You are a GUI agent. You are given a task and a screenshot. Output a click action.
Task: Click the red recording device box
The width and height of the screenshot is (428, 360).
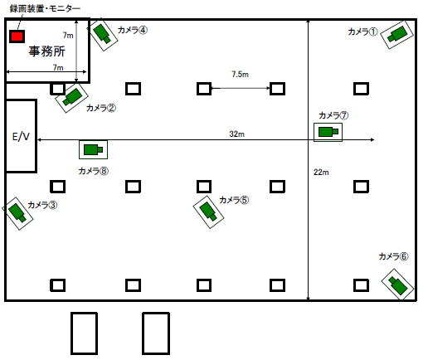pyautogui.click(x=17, y=36)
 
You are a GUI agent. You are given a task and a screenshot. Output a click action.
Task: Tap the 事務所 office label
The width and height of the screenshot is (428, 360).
pyautogui.click(x=47, y=51)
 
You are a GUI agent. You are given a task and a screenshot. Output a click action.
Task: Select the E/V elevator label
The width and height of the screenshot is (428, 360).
pyautogui.click(x=21, y=136)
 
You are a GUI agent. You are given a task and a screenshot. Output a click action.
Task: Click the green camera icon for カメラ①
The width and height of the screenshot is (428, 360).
pyautogui.click(x=397, y=34)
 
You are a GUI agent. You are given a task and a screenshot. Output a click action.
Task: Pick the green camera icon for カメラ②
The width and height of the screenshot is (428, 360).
pyautogui.click(x=72, y=97)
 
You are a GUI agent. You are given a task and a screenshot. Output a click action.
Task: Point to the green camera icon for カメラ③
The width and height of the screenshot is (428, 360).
pyautogui.click(x=17, y=212)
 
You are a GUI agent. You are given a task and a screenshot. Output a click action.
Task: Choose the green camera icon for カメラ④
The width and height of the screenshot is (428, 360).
pyautogui.click(x=103, y=34)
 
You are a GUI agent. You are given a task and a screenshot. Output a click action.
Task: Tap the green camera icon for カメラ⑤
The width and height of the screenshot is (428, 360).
pyautogui.click(x=208, y=212)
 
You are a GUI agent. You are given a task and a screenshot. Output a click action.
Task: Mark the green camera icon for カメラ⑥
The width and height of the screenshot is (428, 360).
pyautogui.click(x=397, y=285)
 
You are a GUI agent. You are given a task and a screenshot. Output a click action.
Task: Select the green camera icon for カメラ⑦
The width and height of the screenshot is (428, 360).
pyautogui.click(x=328, y=132)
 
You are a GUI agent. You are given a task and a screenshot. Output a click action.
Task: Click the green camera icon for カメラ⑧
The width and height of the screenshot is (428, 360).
pyautogui.click(x=93, y=149)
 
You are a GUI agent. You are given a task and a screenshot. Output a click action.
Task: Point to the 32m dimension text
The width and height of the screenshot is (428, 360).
pyautogui.click(x=237, y=134)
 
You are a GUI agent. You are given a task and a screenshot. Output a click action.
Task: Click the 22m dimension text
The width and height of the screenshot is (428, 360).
pyautogui.click(x=321, y=173)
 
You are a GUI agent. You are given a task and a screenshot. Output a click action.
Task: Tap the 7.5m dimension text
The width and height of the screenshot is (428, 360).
pyautogui.click(x=240, y=74)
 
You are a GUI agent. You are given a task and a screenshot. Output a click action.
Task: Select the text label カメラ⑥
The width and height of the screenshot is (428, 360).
pyautogui.click(x=393, y=256)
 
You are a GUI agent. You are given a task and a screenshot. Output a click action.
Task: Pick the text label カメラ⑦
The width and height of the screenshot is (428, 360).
pyautogui.click(x=333, y=115)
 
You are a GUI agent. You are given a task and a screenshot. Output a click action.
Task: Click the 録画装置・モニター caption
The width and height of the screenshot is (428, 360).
pyautogui.click(x=45, y=8)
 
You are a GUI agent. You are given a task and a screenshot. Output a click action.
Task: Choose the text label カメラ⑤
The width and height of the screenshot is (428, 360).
pyautogui.click(x=234, y=200)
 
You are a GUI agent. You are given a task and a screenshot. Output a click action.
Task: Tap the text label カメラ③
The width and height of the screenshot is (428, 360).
pyautogui.click(x=42, y=205)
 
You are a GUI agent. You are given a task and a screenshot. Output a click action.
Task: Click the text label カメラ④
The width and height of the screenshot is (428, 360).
pyautogui.click(x=133, y=30)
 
